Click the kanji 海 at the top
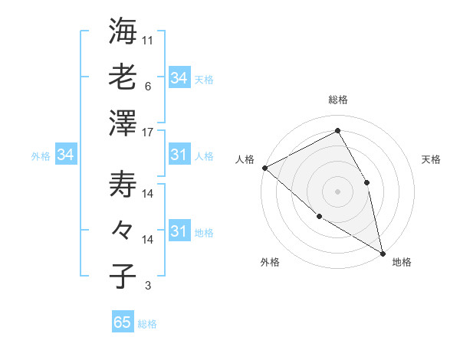click(123, 31)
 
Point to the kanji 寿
click(123, 184)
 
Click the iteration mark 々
click(123, 229)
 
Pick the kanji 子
click(123, 276)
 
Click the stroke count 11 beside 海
click(148, 39)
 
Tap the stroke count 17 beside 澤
click(148, 131)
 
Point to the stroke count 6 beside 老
click(147, 86)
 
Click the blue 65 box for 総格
click(123, 322)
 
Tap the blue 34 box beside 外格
click(66, 155)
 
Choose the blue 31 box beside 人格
click(179, 155)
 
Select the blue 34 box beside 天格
click(179, 78)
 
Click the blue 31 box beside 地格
click(179, 232)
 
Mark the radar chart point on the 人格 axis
click(264, 168)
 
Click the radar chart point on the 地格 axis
click(382, 252)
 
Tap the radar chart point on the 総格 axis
click(337, 130)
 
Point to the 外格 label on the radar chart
click(270, 263)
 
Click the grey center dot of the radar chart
click(337, 191)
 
